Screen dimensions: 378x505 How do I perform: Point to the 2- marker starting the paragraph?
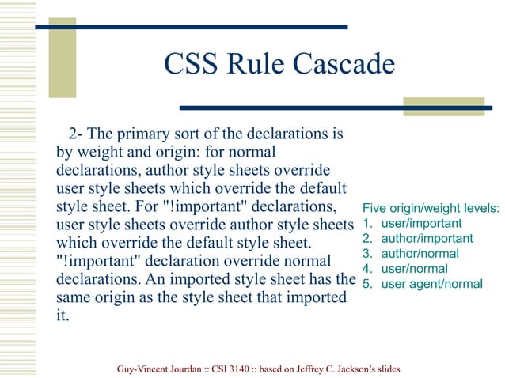pyautogui.click(x=78, y=131)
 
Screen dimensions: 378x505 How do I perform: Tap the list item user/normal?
pyautogui.click(x=414, y=269)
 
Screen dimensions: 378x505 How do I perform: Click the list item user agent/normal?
pyautogui.click(x=431, y=284)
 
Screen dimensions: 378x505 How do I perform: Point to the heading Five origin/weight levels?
pyautogui.click(x=431, y=209)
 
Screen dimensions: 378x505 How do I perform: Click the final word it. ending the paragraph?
pyautogui.click(x=62, y=316)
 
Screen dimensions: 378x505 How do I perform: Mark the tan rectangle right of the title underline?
pyautogui.click(x=443, y=107)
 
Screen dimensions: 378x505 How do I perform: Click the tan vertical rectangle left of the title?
pyautogui.click(x=63, y=58)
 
